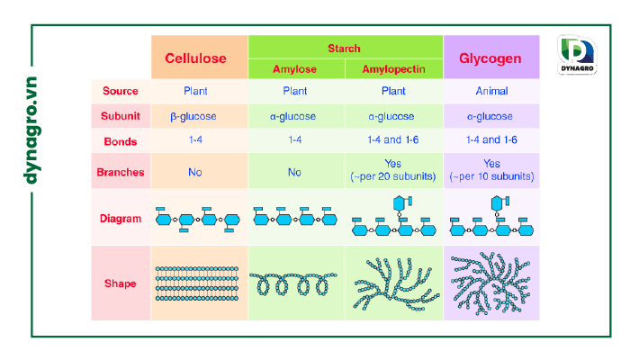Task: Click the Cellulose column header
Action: pyautogui.click(x=195, y=58)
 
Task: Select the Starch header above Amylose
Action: pyautogui.click(x=344, y=48)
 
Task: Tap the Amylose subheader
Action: pyautogui.click(x=295, y=69)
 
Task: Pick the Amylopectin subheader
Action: pyautogui.click(x=392, y=69)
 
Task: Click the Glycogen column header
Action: pyautogui.click(x=490, y=58)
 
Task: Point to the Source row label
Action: pyautogui.click(x=120, y=91)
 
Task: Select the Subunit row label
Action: pyautogui.click(x=120, y=116)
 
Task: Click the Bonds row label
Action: pyautogui.click(x=120, y=140)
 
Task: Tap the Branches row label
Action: pyautogui.click(x=120, y=171)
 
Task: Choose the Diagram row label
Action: pyautogui.click(x=120, y=218)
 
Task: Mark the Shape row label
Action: pyautogui.click(x=120, y=283)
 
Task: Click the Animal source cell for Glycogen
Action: pyautogui.click(x=490, y=91)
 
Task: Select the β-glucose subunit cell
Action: pyautogui.click(x=195, y=116)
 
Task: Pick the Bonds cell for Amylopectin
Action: pyautogui.click(x=392, y=140)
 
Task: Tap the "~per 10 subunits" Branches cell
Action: pyautogui.click(x=491, y=170)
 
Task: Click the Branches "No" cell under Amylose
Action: pyautogui.click(x=295, y=171)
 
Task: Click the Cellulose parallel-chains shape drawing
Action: pyautogui.click(x=197, y=283)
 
